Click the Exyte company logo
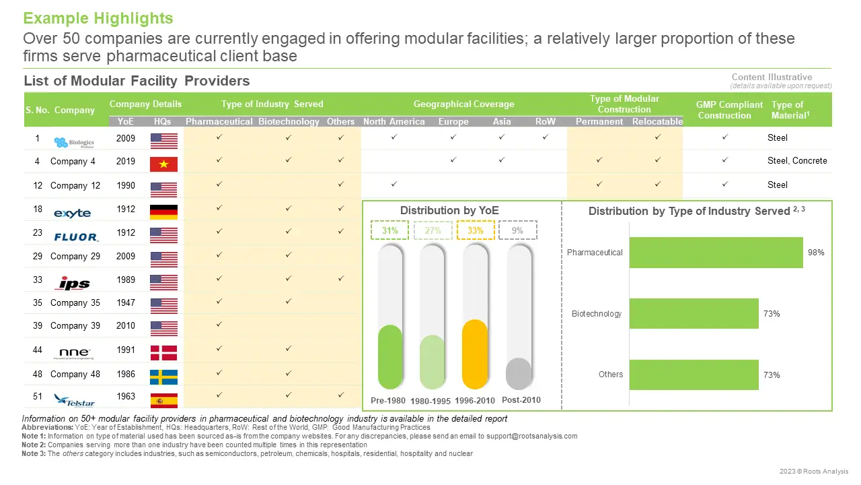coord(72,213)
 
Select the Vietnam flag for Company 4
coord(163,164)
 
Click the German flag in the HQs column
coord(163,212)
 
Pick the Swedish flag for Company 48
coord(163,377)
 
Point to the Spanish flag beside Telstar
coord(163,400)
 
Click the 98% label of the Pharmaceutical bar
coord(817,253)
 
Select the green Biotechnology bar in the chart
coord(694,314)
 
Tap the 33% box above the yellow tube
coord(476,230)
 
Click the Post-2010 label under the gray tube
coord(521,400)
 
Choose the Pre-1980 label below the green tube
coord(388,401)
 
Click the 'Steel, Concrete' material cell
coord(797,161)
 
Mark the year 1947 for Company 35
coord(126,302)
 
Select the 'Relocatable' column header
coord(657,122)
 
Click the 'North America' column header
coord(394,122)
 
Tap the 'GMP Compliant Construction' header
coord(730,110)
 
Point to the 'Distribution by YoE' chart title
coord(449,210)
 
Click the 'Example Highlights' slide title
coord(98,18)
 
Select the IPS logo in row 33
coord(74,282)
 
